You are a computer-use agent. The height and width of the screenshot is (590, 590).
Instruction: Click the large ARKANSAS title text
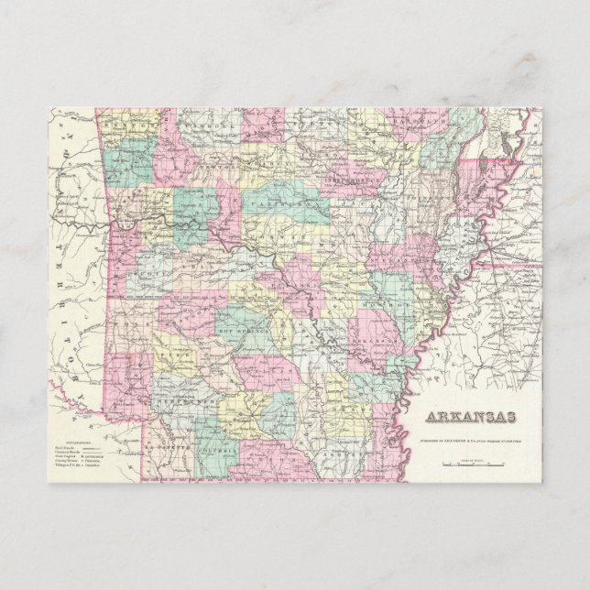[x=469, y=418]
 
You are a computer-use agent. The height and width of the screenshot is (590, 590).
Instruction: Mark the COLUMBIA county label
[x=221, y=451]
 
